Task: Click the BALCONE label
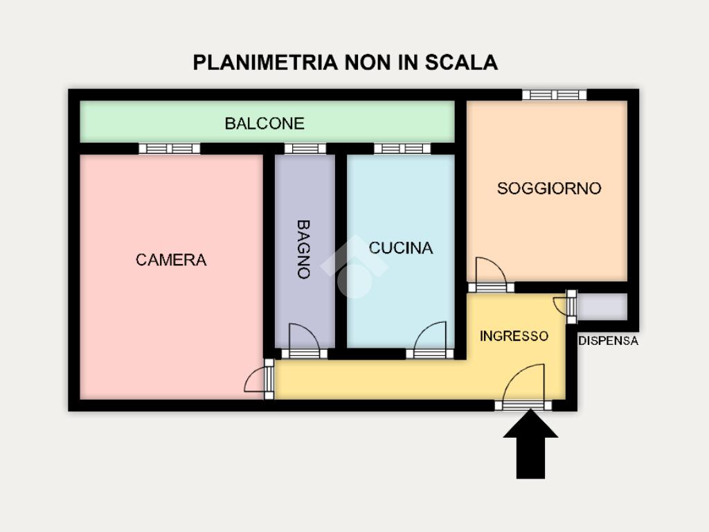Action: [x=264, y=124]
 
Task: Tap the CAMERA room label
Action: [x=171, y=260]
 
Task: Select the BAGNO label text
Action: [x=303, y=249]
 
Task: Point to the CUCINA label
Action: [x=401, y=248]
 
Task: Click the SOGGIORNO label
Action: [x=549, y=188]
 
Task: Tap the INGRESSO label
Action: [x=514, y=337]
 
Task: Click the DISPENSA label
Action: [x=609, y=341]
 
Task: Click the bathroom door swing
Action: [x=303, y=338]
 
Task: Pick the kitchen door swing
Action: [x=431, y=338]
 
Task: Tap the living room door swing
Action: [x=490, y=272]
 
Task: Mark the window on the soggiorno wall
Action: [x=555, y=95]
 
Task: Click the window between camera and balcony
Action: [x=170, y=148]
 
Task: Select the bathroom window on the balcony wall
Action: [x=305, y=148]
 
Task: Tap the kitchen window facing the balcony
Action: [x=402, y=148]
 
